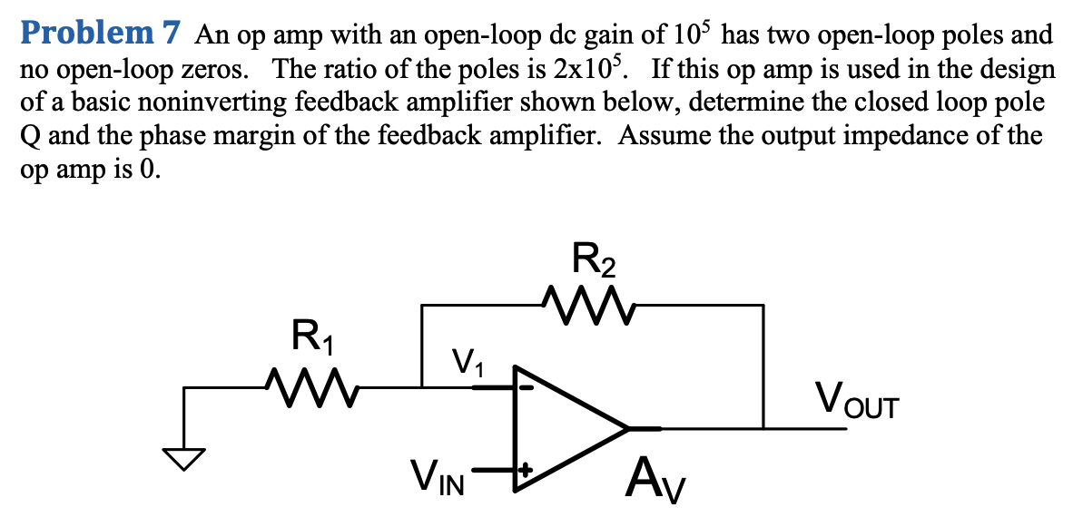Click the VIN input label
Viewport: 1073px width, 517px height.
(x=438, y=475)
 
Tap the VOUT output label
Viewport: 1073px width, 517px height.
(x=856, y=399)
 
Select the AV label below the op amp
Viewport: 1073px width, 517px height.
(x=654, y=479)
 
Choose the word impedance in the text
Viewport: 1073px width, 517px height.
(x=920, y=137)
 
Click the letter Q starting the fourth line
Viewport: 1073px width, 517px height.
(x=32, y=137)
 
